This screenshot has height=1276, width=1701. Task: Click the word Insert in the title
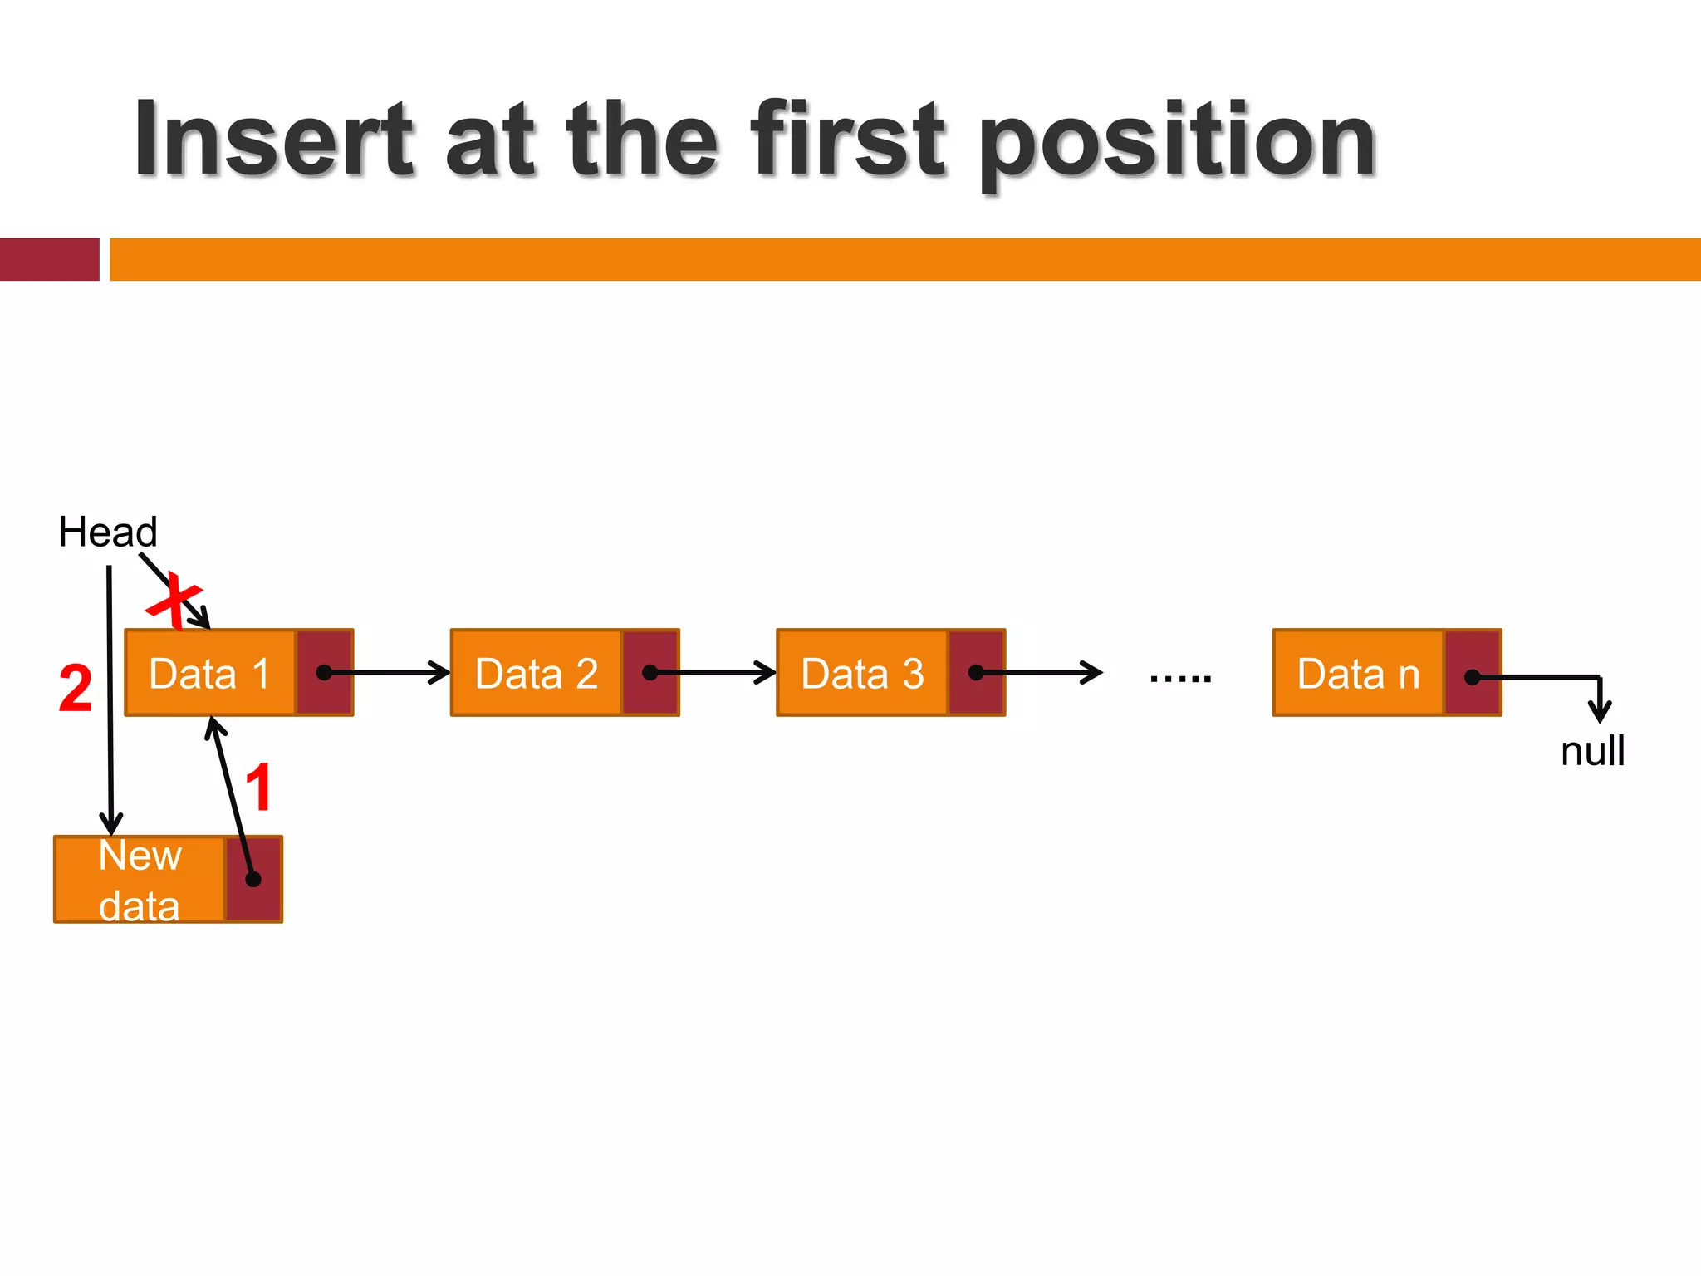pyautogui.click(x=274, y=140)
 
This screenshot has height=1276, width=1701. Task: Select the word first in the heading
pyautogui.click(x=846, y=140)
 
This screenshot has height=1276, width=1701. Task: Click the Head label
pyautogui.click(x=107, y=532)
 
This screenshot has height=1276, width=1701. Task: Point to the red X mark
pyautogui.click(x=174, y=600)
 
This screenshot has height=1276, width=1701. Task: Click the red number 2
pyautogui.click(x=76, y=689)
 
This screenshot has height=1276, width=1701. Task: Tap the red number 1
pyautogui.click(x=259, y=788)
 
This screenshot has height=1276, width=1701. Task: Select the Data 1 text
pyautogui.click(x=209, y=674)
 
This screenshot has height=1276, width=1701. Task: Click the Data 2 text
pyautogui.click(x=536, y=674)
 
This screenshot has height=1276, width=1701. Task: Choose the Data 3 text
pyautogui.click(x=862, y=674)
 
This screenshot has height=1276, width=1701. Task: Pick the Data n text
pyautogui.click(x=1358, y=674)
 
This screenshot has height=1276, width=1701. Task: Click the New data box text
pyautogui.click(x=140, y=880)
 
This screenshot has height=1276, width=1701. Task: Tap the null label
pyautogui.click(x=1592, y=751)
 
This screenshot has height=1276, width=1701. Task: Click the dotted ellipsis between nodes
pyautogui.click(x=1180, y=679)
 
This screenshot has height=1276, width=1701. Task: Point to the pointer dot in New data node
pyautogui.click(x=253, y=879)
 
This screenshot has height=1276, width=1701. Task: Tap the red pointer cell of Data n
pyautogui.click(x=1473, y=673)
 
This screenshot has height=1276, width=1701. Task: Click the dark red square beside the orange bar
pyautogui.click(x=49, y=259)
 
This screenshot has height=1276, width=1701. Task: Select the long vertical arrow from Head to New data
pyautogui.click(x=110, y=698)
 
